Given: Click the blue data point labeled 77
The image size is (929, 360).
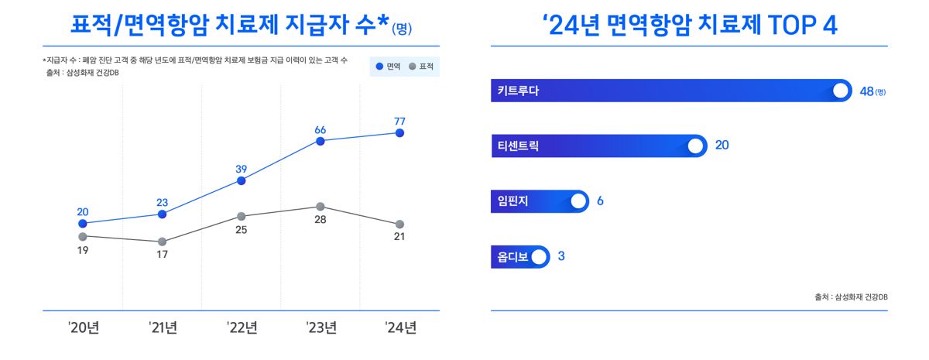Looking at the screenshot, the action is (399, 133).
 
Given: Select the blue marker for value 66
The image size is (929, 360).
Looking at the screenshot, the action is (321, 142).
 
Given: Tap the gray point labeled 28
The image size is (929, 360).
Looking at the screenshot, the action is (321, 207).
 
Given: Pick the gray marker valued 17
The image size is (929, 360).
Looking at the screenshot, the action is (162, 242).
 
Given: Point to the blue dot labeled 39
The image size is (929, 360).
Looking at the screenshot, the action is (241, 181).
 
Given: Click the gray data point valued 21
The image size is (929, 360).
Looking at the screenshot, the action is (399, 225).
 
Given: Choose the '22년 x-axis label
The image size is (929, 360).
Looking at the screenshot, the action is (242, 327).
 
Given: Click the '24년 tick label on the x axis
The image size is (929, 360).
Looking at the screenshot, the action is (401, 327).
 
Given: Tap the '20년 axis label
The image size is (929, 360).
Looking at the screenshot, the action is (84, 327).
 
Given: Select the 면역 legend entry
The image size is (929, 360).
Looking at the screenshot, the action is (388, 67).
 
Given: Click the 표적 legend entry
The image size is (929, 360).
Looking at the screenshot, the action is (421, 67).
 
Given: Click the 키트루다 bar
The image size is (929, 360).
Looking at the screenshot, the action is (671, 91).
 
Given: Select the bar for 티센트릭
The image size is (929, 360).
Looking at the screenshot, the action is (599, 146).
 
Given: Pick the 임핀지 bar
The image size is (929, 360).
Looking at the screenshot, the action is (540, 201).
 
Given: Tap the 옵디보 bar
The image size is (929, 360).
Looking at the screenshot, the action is (520, 257).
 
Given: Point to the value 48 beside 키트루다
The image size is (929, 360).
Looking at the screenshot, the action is (867, 91).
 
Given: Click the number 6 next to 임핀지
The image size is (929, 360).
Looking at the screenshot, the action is (600, 201).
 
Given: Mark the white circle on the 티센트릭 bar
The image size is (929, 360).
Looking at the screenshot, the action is (695, 146).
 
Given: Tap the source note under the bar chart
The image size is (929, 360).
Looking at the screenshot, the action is (851, 297).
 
